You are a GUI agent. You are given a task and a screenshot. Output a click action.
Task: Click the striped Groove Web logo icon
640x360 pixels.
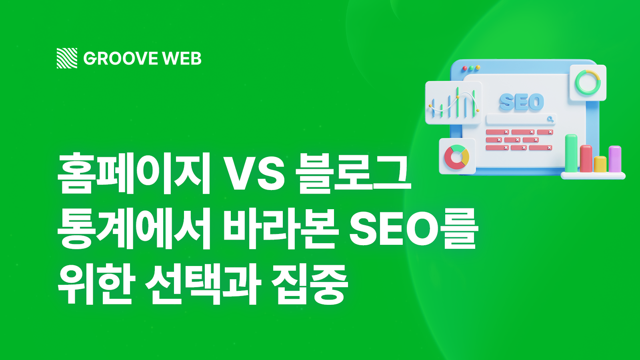pyautogui.click(x=67, y=58)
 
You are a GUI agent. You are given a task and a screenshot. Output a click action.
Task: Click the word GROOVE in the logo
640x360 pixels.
pyautogui.click(x=120, y=58)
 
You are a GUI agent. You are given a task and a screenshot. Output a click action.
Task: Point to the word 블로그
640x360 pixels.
pyautogui.click(x=354, y=173)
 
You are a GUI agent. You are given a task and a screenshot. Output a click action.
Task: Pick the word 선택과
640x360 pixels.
pyautogui.click(x=203, y=284)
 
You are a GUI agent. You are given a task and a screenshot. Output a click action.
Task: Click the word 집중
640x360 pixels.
pyautogui.click(x=310, y=284)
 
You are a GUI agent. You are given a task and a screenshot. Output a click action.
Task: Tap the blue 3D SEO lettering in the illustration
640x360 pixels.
pyautogui.click(x=522, y=102)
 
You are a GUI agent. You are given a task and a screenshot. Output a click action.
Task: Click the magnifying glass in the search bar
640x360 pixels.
pyautogui.click(x=550, y=119)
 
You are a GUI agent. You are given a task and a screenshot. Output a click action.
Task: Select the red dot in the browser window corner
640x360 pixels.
pyautogui.click(x=465, y=68)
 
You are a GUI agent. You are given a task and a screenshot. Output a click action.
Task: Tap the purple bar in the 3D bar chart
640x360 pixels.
pyautogui.click(x=615, y=159)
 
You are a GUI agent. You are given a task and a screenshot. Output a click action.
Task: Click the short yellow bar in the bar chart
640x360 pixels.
pyautogui.click(x=600, y=164)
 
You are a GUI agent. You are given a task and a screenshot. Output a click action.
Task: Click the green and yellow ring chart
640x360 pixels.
pyautogui.click(x=588, y=82)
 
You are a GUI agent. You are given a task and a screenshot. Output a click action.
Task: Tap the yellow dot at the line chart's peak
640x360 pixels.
pyautogui.click(x=458, y=97)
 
